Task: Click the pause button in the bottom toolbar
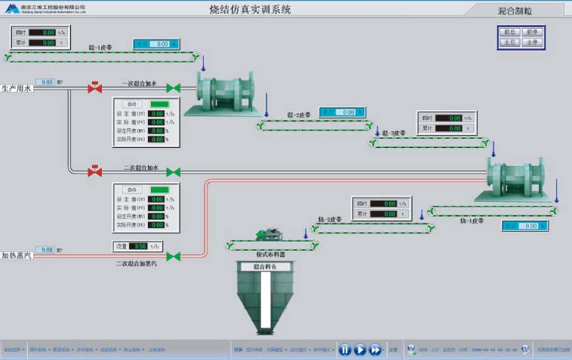344,349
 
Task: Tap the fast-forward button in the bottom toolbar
375,349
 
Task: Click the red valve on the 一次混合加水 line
95,88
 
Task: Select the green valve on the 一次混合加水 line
173,88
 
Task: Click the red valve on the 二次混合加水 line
95,172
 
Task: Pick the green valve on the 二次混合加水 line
173,172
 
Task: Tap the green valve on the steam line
173,257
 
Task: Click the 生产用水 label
17,88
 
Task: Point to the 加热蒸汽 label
17,256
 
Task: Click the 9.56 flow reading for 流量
139,246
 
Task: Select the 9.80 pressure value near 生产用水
46,82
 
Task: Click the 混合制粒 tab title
515,11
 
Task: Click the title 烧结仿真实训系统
249,10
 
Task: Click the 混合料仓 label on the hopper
266,266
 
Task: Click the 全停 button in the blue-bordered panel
532,42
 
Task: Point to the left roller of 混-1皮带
8,57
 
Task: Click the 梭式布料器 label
268,255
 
